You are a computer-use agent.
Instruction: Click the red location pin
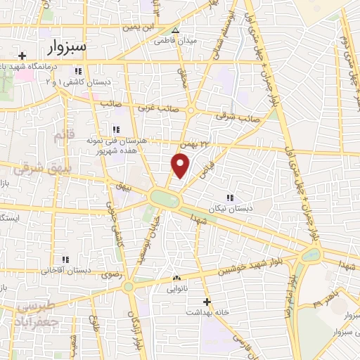click(x=181, y=165)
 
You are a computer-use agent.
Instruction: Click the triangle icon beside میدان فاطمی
click(x=176, y=30)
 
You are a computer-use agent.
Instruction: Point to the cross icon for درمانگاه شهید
click(x=22, y=56)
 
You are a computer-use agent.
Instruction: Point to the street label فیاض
click(x=205, y=169)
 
